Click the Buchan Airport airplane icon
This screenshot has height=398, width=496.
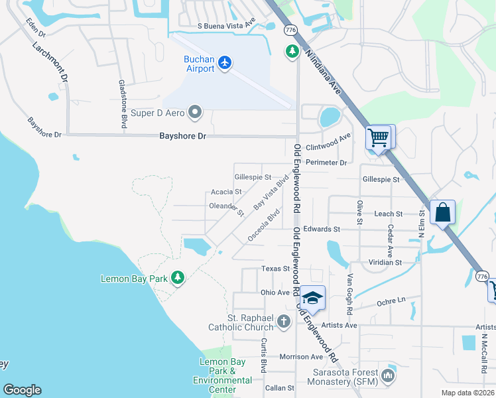point(225,62)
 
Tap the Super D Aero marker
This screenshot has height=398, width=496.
point(194,113)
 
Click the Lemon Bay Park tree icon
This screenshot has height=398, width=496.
point(177,278)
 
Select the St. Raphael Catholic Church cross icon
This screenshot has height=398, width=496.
point(283,322)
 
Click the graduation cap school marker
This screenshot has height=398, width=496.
point(313,298)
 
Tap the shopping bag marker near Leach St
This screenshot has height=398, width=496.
point(442,214)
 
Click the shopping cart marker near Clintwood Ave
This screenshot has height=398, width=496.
point(379,138)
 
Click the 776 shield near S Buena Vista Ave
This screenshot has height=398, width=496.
point(290,31)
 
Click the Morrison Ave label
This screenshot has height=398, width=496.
point(301,357)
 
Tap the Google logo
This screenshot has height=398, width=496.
point(22,390)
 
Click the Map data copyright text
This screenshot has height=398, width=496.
point(467,393)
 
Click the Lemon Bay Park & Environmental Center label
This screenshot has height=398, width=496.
point(222,375)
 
